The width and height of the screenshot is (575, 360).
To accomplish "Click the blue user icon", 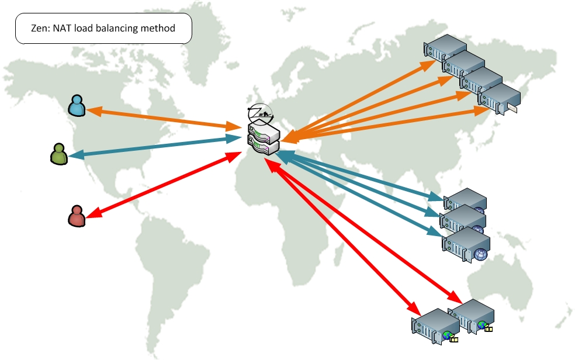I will (77, 105).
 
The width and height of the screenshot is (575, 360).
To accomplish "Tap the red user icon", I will (77, 216).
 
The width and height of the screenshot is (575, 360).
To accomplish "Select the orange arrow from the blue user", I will (158, 117).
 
